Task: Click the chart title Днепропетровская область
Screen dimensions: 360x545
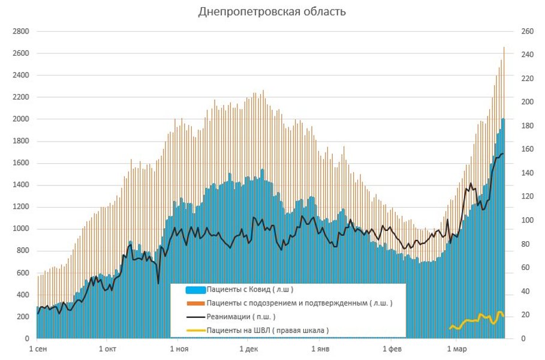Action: coord(272,12)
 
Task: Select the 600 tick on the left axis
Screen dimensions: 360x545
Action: coord(22,273)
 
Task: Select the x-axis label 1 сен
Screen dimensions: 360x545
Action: coord(37,349)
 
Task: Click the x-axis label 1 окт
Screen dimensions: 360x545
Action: coord(108,349)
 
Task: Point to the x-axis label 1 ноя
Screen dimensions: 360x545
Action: coord(179,349)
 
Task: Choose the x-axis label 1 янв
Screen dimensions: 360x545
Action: coord(320,349)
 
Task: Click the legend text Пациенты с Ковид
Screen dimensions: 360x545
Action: coord(250,290)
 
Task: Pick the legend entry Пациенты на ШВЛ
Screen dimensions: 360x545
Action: coord(267,330)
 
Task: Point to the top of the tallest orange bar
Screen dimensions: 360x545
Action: coord(504,47)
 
